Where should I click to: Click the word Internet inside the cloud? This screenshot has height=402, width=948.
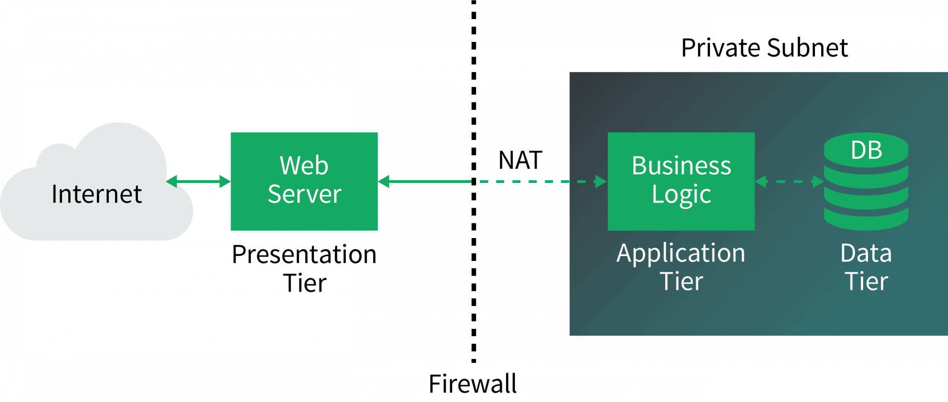point(97,194)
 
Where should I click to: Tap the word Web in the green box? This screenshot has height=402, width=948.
point(304,166)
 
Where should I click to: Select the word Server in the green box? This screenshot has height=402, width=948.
point(304,194)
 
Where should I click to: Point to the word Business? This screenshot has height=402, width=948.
point(681,166)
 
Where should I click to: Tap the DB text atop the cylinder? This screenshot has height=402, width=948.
point(866,150)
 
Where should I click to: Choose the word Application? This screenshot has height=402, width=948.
point(681,254)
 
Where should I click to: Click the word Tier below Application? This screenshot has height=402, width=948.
point(681,282)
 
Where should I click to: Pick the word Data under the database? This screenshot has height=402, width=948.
point(866,254)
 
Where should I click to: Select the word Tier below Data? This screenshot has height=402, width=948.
point(866,282)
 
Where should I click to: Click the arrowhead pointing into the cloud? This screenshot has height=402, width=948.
point(172,181)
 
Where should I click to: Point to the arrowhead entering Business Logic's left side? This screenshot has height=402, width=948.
point(601,181)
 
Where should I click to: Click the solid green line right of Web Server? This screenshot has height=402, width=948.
point(429,181)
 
